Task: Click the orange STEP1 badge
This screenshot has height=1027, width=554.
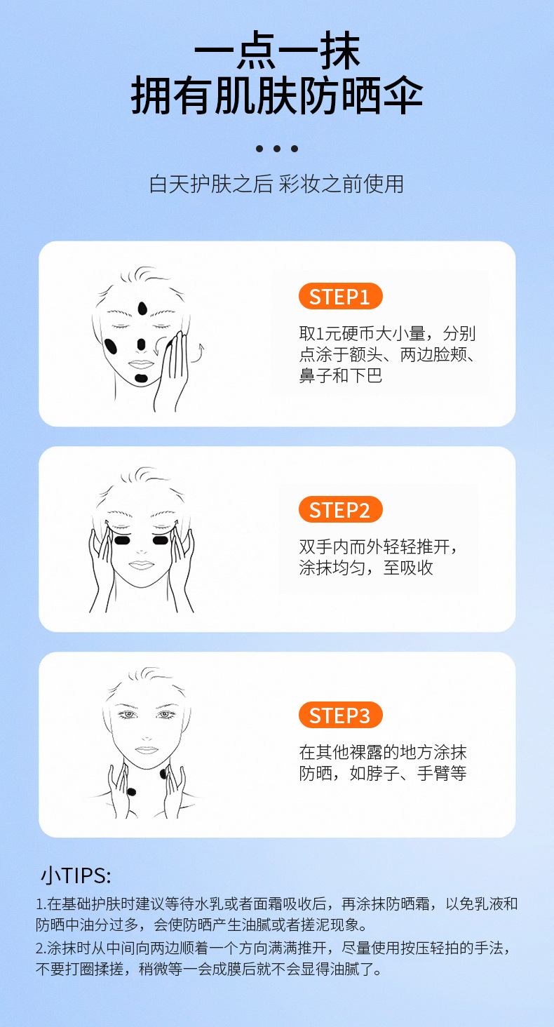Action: (x=340, y=297)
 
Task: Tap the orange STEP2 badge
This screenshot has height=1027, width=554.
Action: (x=340, y=510)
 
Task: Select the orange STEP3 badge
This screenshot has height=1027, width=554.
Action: (x=340, y=716)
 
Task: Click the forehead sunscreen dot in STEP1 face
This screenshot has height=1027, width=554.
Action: (x=143, y=308)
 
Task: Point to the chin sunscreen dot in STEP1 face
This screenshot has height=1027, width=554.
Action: (x=141, y=377)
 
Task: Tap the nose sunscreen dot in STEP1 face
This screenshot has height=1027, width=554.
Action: (x=141, y=344)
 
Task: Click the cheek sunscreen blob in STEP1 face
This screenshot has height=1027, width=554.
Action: (x=111, y=347)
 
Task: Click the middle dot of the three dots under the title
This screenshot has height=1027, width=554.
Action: (x=277, y=149)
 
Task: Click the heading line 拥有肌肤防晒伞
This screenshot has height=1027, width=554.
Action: (x=277, y=97)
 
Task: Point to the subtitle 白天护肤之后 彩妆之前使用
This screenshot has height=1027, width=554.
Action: (x=277, y=184)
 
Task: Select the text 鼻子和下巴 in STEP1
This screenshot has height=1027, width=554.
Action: (x=341, y=376)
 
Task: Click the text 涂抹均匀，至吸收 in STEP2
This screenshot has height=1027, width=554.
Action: (x=366, y=568)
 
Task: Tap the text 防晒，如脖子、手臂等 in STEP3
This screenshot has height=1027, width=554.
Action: (x=382, y=774)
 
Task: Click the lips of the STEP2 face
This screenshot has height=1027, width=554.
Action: (x=141, y=564)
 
